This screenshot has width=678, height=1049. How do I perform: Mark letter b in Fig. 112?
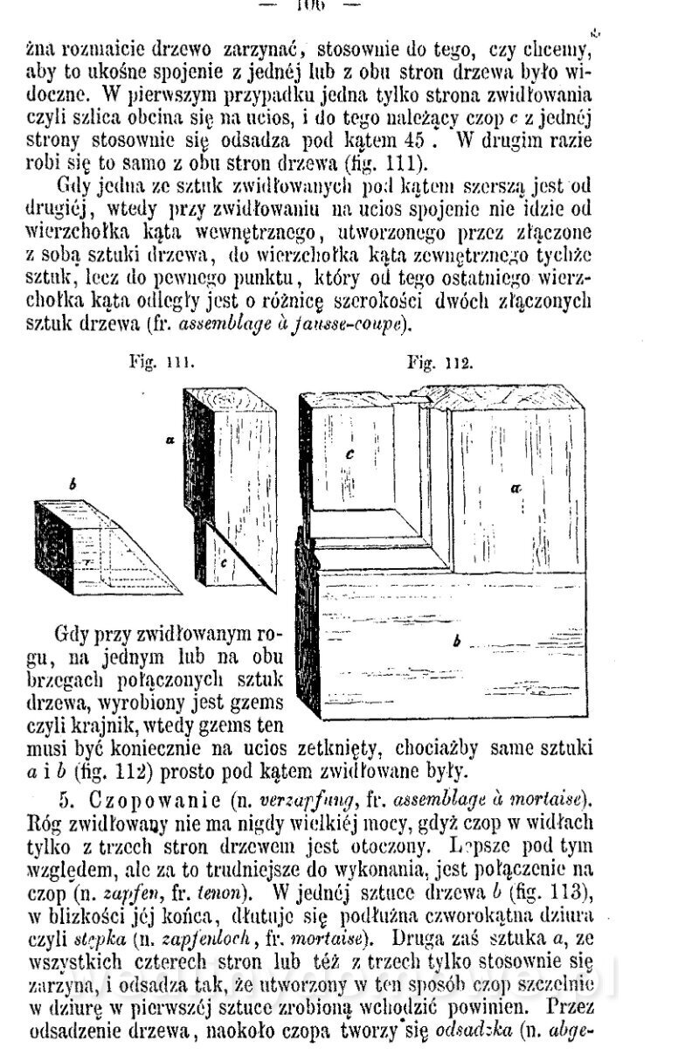[457, 643]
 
